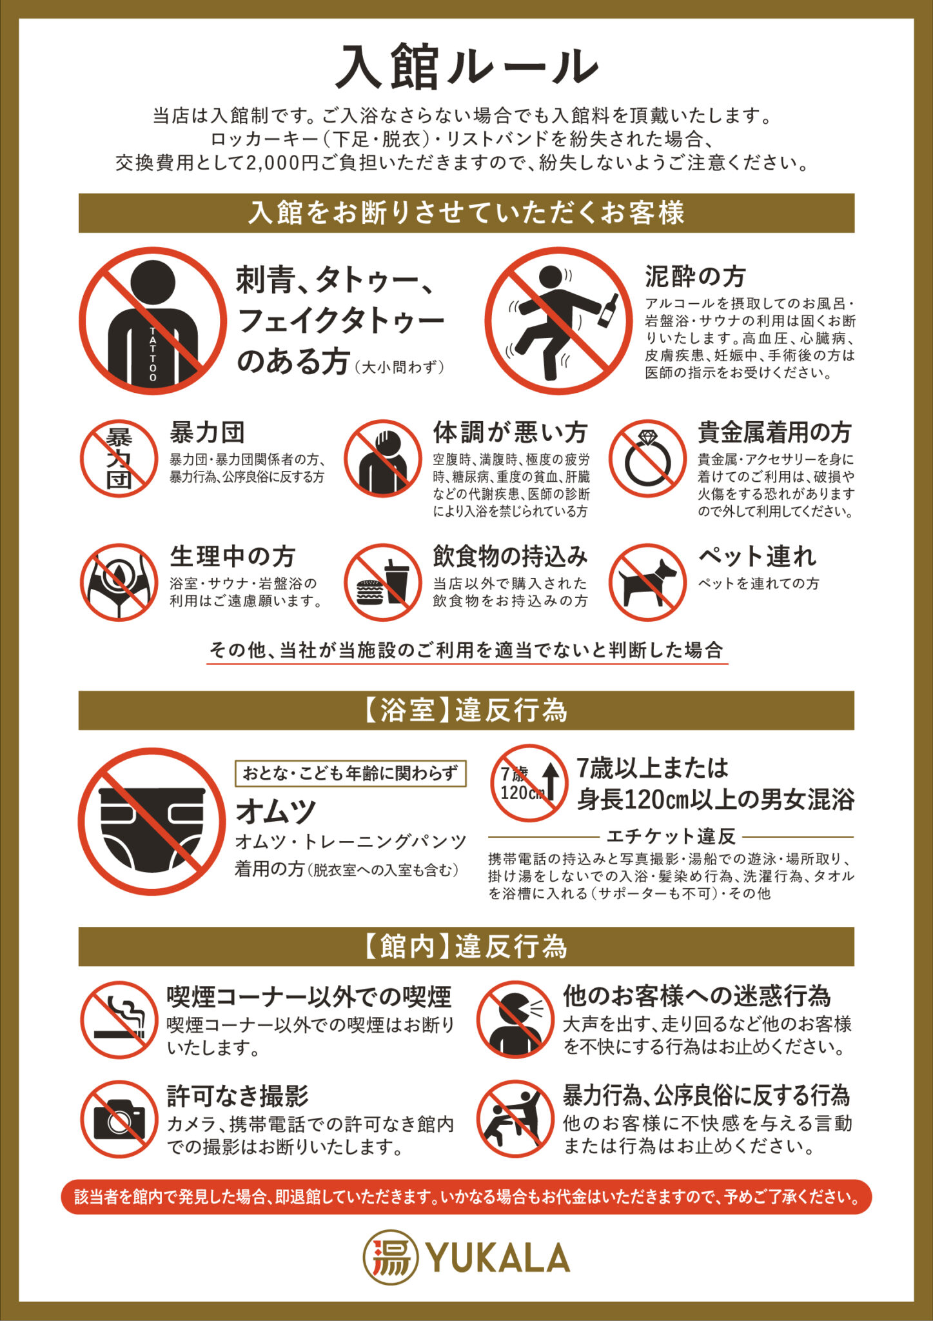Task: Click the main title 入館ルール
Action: coord(467,66)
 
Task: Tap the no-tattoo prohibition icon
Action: coord(153,321)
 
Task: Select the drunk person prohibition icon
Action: coord(558,321)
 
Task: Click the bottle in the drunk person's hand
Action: coord(608,310)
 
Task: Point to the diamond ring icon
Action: coord(647,459)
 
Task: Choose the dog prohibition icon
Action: coord(647,582)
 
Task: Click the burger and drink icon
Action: coord(382,582)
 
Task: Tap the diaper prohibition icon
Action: coord(153,821)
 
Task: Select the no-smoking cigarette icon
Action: coord(119,1020)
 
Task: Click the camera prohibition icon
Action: coord(119,1120)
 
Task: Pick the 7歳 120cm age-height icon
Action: coord(529,783)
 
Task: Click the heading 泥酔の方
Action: coord(695,277)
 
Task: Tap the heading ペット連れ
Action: coord(757,556)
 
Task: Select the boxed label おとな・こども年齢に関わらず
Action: coord(350,773)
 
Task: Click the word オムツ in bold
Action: coord(276,811)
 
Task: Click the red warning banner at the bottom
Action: coord(466,1197)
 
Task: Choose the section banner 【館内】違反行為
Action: coord(466,946)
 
